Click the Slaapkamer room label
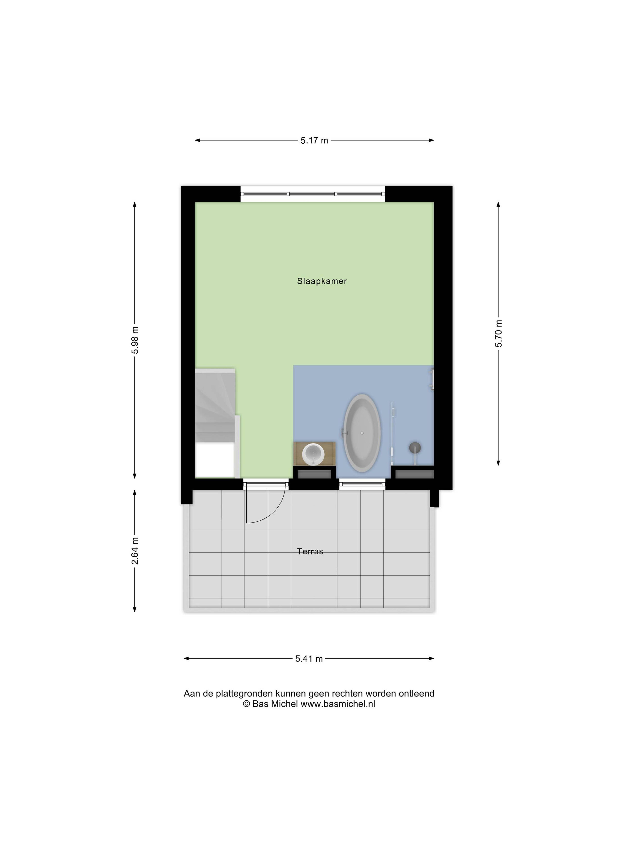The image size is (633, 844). point(322,281)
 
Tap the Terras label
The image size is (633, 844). point(310,551)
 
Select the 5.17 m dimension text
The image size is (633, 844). point(314,140)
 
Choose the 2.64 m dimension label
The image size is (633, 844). point(135,551)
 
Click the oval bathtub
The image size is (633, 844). point(362,433)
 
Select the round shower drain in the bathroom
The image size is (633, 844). point(415,448)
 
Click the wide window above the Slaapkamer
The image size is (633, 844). point(313,194)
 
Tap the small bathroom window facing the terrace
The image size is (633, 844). point(362,485)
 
